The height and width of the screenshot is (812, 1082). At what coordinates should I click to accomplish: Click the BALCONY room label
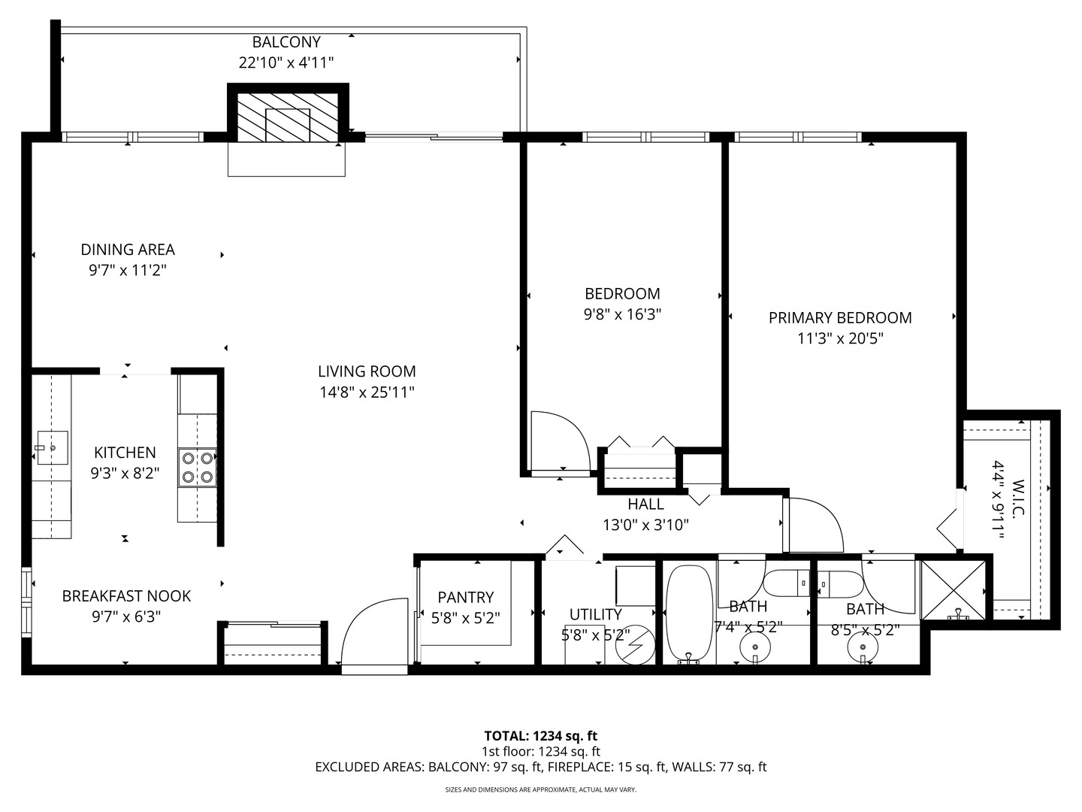coord(286,42)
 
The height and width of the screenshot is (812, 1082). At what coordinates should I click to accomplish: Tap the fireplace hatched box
coord(288,118)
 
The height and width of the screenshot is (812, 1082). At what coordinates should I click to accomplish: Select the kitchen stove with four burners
coord(197,468)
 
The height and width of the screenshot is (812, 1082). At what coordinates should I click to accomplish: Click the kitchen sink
coord(53,447)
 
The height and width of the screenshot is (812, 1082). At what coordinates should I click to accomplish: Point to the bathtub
coord(689,614)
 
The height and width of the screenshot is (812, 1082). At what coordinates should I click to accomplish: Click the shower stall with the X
coord(953,590)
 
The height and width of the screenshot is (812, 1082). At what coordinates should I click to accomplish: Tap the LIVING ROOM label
coord(367,371)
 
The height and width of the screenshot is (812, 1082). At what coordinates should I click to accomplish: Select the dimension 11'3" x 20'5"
coord(840,338)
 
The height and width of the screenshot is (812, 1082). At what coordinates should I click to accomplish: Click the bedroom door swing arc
coord(561,442)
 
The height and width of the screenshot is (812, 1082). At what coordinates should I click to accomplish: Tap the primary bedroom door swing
coord(813,525)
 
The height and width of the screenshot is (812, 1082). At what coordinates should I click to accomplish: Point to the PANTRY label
coord(465,598)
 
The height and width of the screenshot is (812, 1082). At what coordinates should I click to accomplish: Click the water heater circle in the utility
coord(636,645)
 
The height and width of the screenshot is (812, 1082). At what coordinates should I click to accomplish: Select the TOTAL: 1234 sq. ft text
coord(541,736)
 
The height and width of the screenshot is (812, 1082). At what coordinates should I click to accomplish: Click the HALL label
coord(645,504)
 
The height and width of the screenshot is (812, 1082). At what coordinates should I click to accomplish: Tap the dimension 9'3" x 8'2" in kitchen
coord(125,474)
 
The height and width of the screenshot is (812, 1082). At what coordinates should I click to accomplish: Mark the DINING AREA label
coord(128,250)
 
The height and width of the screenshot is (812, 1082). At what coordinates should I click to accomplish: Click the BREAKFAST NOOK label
coord(126,596)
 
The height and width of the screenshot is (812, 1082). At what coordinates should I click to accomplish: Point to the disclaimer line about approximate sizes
coord(541,789)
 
